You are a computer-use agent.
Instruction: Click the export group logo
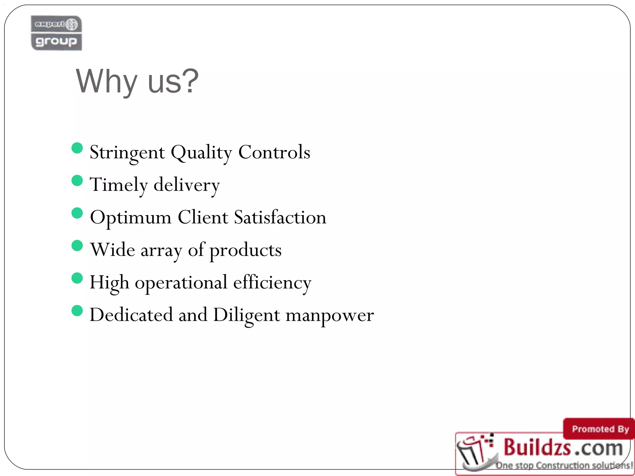[56, 33]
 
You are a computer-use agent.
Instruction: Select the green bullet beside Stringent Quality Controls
[77, 148]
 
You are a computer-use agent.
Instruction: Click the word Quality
[201, 153]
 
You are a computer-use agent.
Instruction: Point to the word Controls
[274, 152]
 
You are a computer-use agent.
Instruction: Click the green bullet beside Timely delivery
[77, 181]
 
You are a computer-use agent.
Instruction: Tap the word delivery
[187, 185]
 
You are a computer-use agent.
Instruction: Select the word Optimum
[131, 218]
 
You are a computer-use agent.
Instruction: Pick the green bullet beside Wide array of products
[77, 246]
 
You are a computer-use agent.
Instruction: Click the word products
[246, 250]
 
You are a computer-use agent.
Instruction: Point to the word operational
[181, 283]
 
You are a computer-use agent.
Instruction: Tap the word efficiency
[272, 283]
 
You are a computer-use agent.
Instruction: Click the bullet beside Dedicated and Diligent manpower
[77, 311]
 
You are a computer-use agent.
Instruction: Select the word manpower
[330, 315]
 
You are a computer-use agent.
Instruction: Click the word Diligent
[246, 315]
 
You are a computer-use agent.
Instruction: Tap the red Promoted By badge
[600, 429]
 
